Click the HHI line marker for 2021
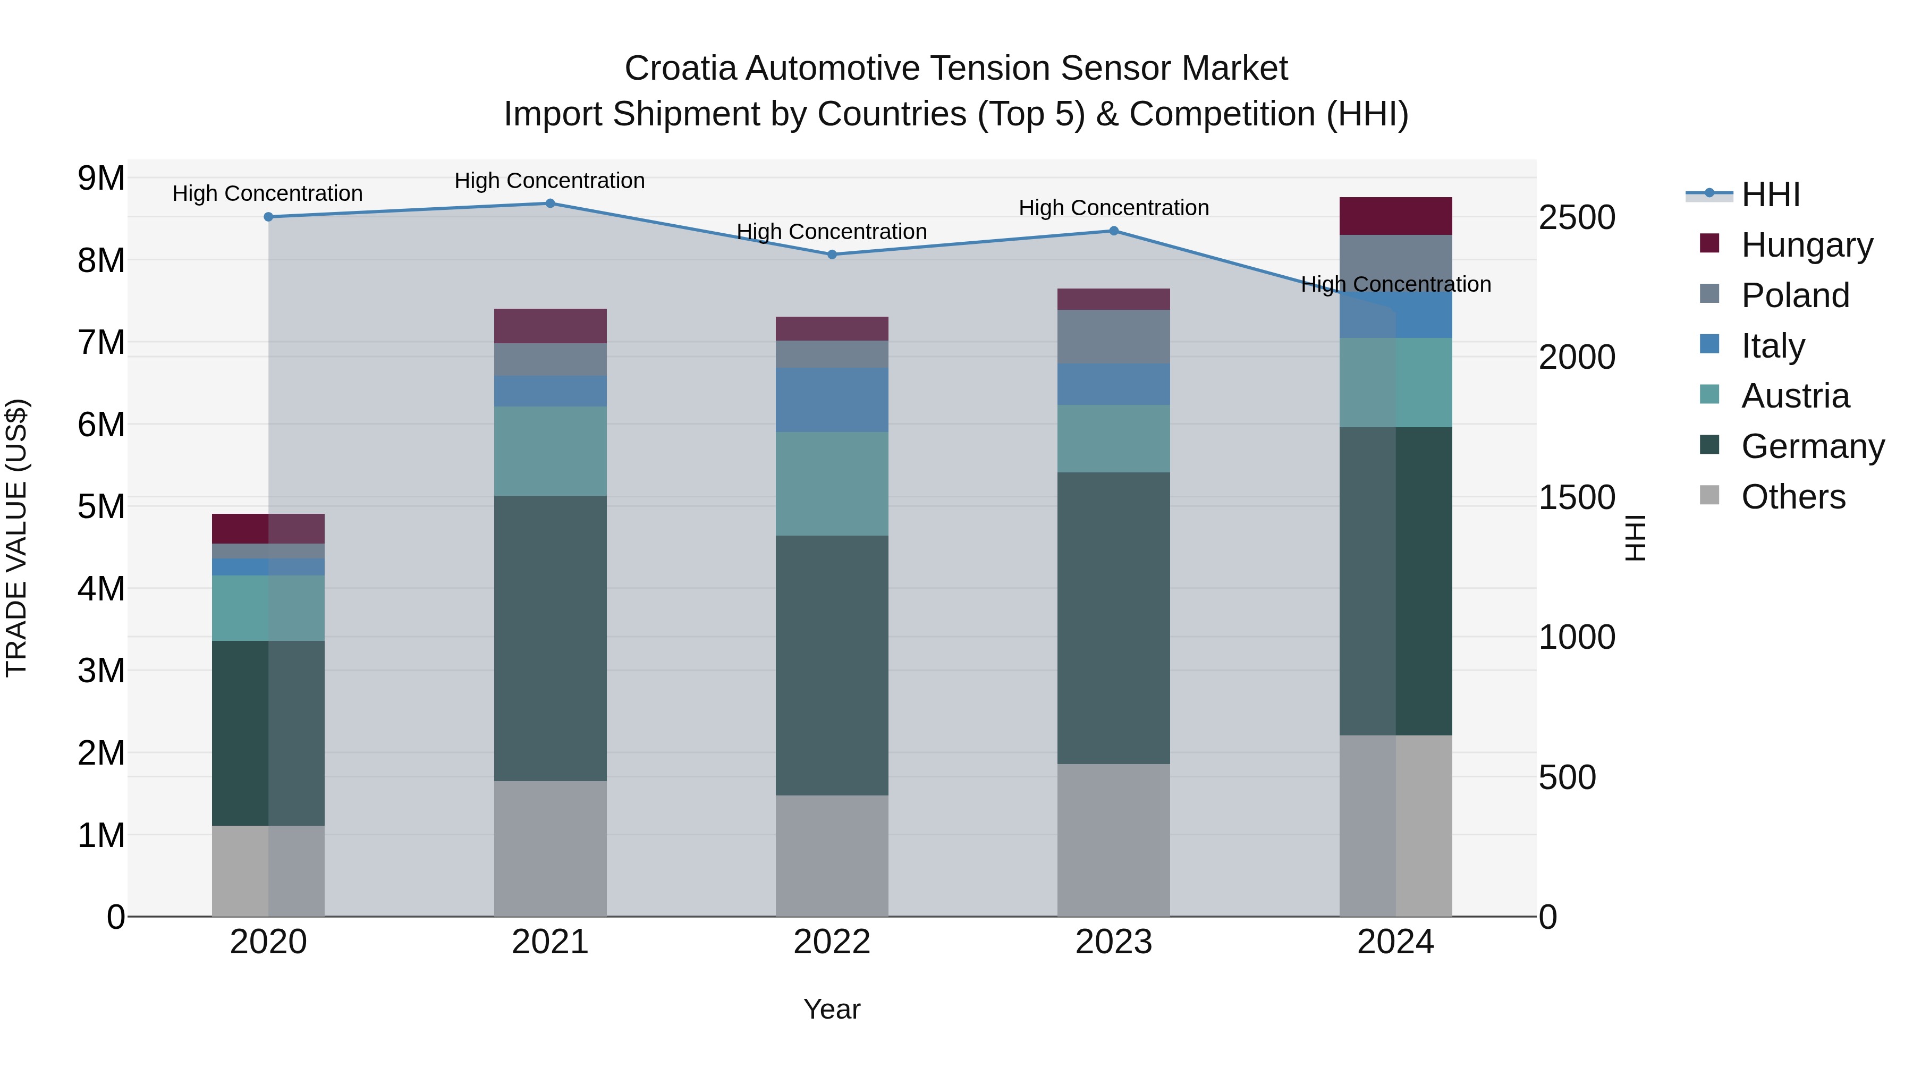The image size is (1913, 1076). tap(551, 204)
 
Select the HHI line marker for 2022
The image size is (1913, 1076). tap(832, 255)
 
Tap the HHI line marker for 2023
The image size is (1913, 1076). tap(1114, 231)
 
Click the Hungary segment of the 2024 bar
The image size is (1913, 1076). tap(1395, 216)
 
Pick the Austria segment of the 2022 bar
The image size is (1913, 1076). tap(832, 484)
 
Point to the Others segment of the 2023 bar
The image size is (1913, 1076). tap(1114, 840)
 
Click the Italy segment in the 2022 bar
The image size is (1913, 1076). tap(832, 400)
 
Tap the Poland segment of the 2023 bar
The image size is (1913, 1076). tap(1114, 336)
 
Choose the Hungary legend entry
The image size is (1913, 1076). tap(1806, 245)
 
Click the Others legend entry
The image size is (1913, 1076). tap(1793, 497)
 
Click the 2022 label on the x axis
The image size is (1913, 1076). tap(832, 942)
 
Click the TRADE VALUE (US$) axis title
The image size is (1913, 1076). tap(16, 538)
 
